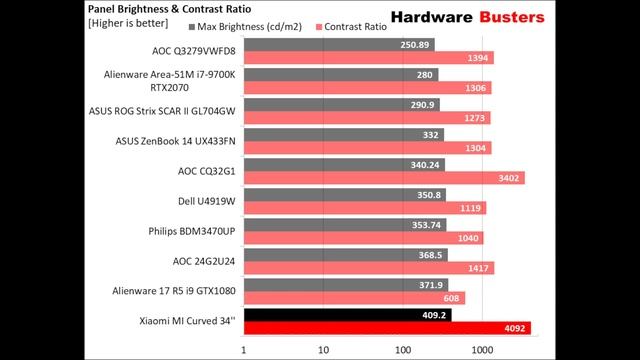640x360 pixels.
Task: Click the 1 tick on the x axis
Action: (x=244, y=350)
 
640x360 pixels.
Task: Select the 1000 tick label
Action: (x=482, y=350)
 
